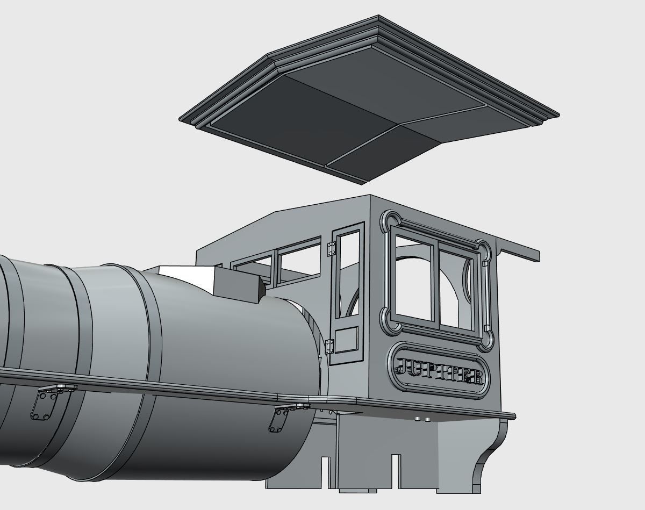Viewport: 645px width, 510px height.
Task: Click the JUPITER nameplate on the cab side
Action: coord(439,370)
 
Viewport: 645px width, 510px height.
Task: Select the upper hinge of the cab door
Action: coord(331,248)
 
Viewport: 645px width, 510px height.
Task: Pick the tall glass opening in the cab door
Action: coord(348,274)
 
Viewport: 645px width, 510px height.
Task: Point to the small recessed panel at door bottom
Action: coord(347,340)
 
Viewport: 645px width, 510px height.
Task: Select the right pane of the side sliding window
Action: coord(457,288)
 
